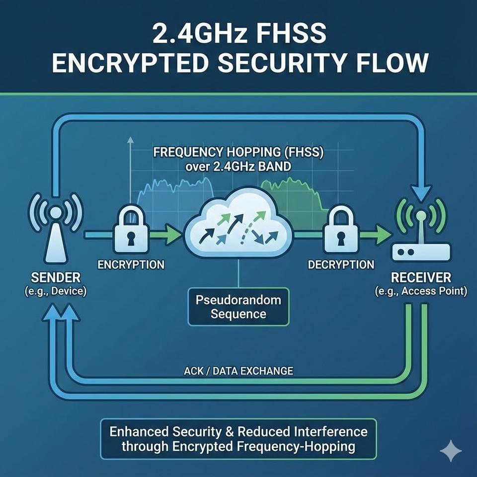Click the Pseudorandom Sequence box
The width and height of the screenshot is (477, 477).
(238, 307)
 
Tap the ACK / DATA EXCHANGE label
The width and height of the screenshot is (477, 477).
(238, 371)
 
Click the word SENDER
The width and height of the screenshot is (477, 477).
(56, 277)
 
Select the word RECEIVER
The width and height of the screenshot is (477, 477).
(421, 277)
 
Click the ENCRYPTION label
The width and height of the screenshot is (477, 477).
(131, 264)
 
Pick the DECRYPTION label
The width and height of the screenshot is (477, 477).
(341, 264)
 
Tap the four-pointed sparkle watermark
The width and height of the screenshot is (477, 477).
(451, 451)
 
